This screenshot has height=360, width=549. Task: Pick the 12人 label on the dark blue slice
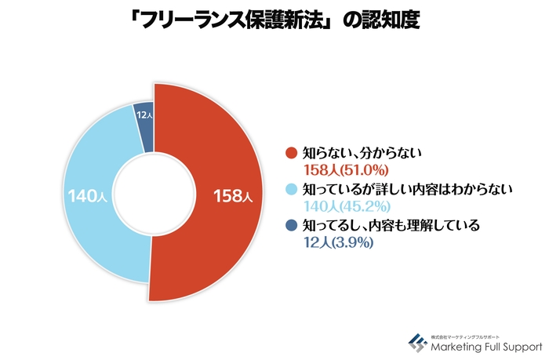tap(144, 116)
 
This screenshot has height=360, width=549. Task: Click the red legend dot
tap(291, 153)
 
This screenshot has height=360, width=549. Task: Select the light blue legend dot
tap(291, 189)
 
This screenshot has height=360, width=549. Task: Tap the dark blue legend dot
tap(291, 226)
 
